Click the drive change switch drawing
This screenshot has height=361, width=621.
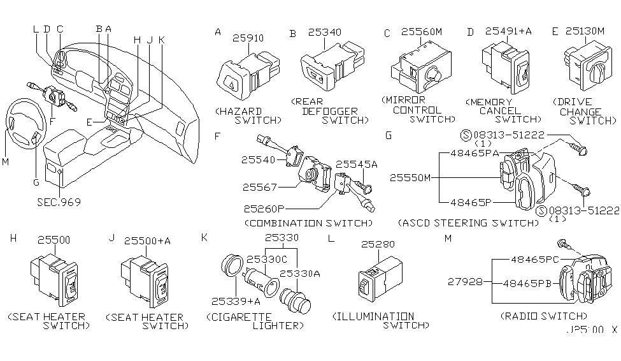585,68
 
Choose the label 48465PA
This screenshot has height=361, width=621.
473,154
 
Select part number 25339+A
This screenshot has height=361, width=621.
227,300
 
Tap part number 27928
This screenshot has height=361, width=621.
464,281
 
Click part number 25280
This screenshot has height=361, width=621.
378,244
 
